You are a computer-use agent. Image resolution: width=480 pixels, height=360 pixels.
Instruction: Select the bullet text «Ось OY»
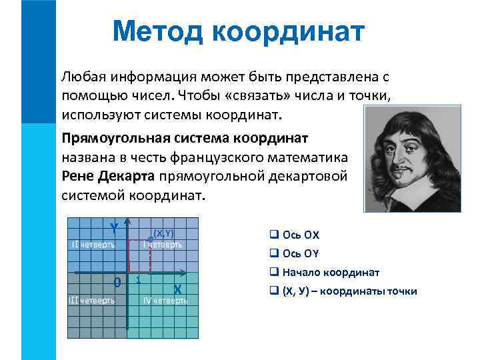301,254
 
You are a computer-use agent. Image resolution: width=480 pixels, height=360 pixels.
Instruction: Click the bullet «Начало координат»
331,273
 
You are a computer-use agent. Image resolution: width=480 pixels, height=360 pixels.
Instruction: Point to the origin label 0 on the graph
117,282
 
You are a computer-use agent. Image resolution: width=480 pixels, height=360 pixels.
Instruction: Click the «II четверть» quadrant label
93,244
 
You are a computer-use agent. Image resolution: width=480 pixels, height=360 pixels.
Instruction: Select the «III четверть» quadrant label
92,299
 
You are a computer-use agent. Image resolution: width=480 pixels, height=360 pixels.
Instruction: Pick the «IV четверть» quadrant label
166,300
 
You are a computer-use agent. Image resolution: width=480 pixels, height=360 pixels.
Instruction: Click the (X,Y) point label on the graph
163,233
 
